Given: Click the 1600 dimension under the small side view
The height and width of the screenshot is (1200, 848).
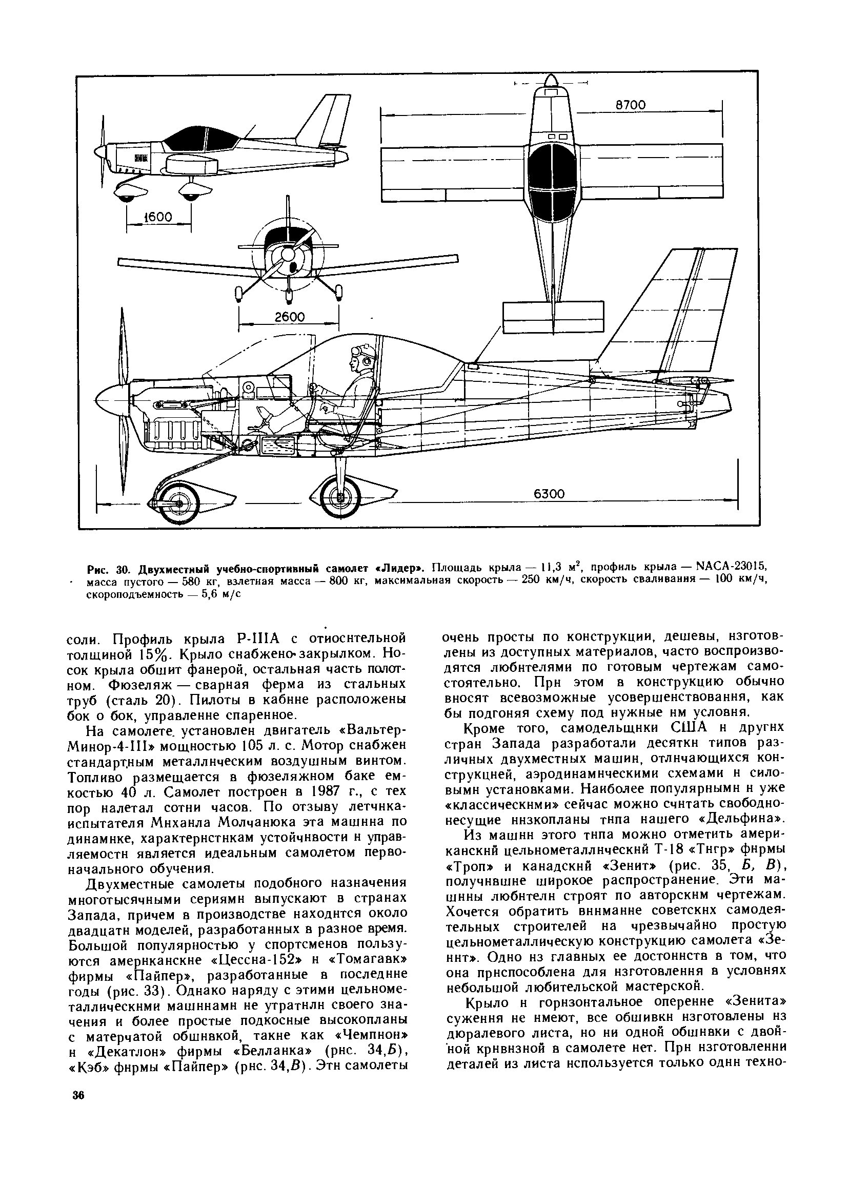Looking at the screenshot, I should coord(158,217).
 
